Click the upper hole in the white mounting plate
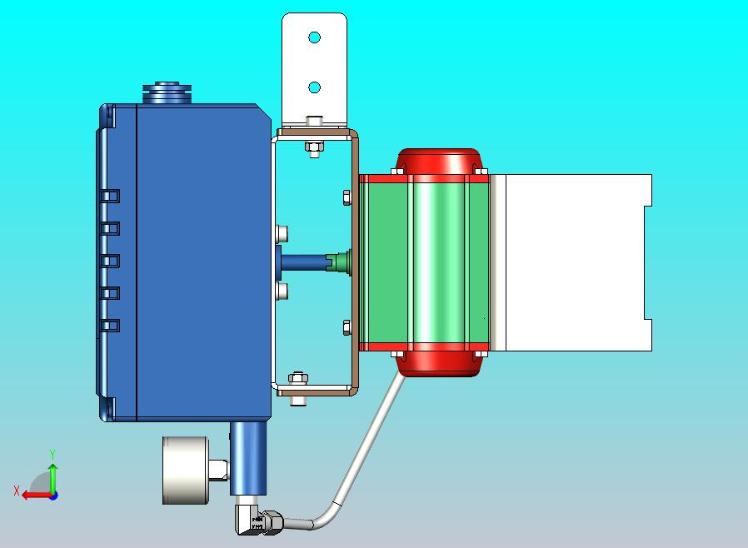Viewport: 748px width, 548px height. click(x=314, y=37)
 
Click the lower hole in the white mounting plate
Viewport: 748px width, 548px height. click(x=314, y=87)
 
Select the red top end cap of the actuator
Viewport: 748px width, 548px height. click(x=438, y=162)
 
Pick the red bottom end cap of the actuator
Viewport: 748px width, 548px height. click(x=438, y=363)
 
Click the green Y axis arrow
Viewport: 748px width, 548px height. click(x=52, y=476)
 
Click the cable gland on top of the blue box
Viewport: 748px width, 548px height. click(x=167, y=92)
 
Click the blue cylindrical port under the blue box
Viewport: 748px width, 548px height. click(x=247, y=458)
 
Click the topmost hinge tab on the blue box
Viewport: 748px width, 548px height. click(x=110, y=196)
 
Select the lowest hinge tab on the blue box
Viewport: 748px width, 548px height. click(x=110, y=325)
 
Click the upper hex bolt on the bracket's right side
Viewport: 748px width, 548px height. click(x=347, y=197)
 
